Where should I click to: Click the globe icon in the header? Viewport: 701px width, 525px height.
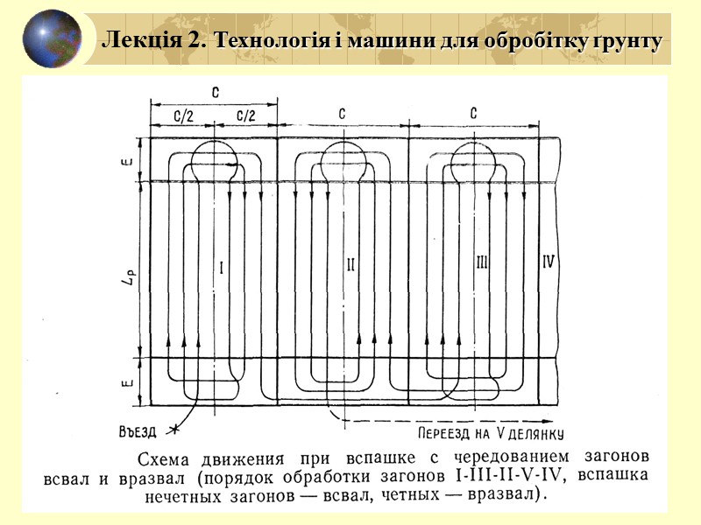pyautogui.click(x=52, y=39)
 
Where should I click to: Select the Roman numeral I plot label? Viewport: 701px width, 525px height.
pyautogui.click(x=220, y=269)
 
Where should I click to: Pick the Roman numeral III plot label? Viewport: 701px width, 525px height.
pyautogui.click(x=481, y=262)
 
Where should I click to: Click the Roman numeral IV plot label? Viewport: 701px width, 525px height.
pyautogui.click(x=549, y=261)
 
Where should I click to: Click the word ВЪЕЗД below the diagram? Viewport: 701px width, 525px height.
pyautogui.click(x=140, y=429)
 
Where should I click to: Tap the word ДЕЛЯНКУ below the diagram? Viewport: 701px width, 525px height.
pyautogui.click(x=531, y=433)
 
